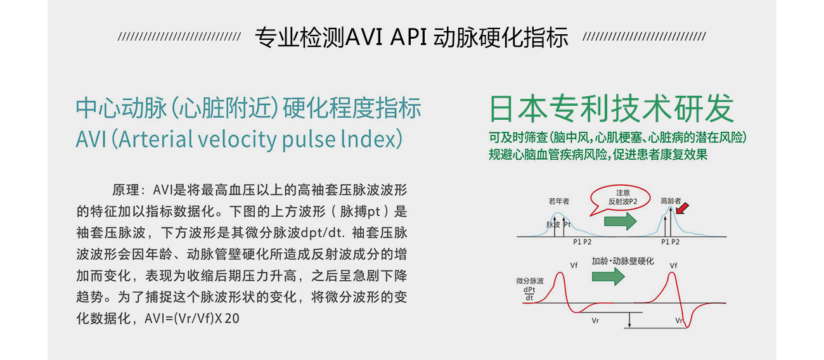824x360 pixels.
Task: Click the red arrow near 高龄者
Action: (x=683, y=209)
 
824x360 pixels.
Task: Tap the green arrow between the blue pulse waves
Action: (x=620, y=221)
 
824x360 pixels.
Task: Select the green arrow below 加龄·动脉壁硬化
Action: (x=608, y=276)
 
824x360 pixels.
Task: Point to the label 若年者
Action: (x=559, y=201)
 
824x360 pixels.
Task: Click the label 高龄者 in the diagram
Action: (x=671, y=201)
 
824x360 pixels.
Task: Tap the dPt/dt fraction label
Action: (x=529, y=294)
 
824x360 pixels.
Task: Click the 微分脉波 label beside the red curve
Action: (x=530, y=281)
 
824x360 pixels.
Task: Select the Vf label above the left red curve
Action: (x=574, y=265)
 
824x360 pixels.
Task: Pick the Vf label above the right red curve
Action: (x=673, y=266)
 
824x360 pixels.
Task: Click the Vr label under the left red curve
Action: (x=595, y=321)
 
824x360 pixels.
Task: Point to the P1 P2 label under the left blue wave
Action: (x=583, y=242)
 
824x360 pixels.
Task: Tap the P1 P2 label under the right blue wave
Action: (x=670, y=242)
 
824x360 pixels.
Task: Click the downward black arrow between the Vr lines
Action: (x=629, y=320)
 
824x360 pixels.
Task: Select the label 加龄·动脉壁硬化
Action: (x=623, y=261)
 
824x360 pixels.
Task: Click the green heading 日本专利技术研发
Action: (x=612, y=108)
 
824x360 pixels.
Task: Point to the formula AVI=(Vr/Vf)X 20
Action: (x=191, y=318)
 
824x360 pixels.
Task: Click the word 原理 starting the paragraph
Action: (x=126, y=190)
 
